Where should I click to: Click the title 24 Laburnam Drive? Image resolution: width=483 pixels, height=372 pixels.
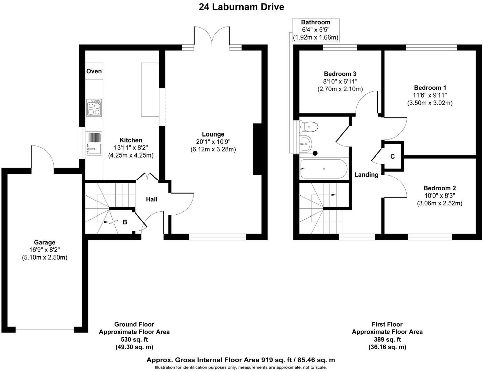(x=241, y=7)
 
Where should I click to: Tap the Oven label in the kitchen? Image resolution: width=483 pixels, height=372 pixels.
(x=94, y=71)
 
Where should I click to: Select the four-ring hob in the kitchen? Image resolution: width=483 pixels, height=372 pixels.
(x=94, y=108)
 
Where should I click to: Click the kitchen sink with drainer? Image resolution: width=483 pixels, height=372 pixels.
(x=94, y=143)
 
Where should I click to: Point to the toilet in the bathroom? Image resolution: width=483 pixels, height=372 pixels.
(x=309, y=127)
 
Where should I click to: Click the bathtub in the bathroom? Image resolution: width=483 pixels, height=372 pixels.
(x=324, y=169)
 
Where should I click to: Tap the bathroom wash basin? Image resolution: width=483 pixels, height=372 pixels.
(x=306, y=144)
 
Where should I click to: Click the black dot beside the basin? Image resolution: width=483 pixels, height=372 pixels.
(x=315, y=153)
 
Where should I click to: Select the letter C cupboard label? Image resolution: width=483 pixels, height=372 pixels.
(x=392, y=157)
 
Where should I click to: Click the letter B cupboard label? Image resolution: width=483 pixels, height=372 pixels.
(x=125, y=222)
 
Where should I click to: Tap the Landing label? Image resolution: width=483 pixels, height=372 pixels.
(x=366, y=175)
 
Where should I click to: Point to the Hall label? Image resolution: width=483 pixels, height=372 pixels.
(x=151, y=199)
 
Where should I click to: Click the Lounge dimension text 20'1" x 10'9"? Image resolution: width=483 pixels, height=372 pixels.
(x=213, y=142)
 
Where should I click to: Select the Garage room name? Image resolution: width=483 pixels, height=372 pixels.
(x=45, y=242)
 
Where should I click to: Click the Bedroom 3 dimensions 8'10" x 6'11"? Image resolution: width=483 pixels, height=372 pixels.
(x=340, y=81)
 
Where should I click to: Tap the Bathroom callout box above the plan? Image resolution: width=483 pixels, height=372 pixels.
(x=315, y=30)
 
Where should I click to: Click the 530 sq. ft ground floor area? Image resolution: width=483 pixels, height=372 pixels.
(x=134, y=340)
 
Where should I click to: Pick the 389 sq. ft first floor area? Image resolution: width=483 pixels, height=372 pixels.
(x=387, y=340)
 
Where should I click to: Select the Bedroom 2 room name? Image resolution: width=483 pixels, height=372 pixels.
(x=439, y=188)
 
